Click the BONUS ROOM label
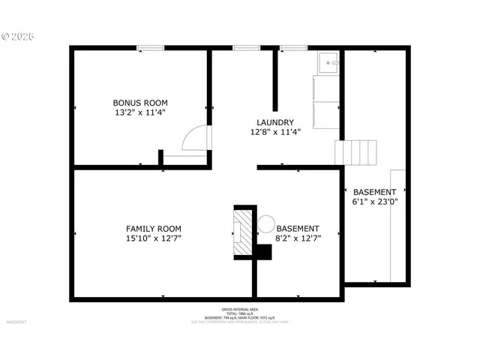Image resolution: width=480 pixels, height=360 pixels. (x=140, y=103)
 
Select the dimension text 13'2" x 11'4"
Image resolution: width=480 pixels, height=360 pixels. (x=140, y=112)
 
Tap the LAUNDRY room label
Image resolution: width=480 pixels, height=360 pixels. (x=275, y=122)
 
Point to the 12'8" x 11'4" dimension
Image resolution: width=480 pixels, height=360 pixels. (x=275, y=132)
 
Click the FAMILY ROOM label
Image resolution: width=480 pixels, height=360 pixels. (x=153, y=229)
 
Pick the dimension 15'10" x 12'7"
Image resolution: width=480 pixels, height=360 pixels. (x=153, y=238)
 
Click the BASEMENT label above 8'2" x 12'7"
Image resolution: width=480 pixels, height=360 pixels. (x=298, y=229)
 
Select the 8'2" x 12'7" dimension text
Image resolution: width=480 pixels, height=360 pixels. (x=298, y=238)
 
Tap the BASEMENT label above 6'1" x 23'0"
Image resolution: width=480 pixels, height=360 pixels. (x=374, y=192)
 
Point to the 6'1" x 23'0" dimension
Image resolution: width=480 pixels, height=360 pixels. (x=374, y=202)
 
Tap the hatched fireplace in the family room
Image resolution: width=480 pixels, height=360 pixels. (x=242, y=232)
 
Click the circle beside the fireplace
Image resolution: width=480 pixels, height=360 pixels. (x=265, y=223)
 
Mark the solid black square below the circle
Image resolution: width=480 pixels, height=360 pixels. (x=262, y=252)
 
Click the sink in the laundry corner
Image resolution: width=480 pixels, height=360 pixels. (x=328, y=63)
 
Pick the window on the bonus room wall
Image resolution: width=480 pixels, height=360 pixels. (x=151, y=49)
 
